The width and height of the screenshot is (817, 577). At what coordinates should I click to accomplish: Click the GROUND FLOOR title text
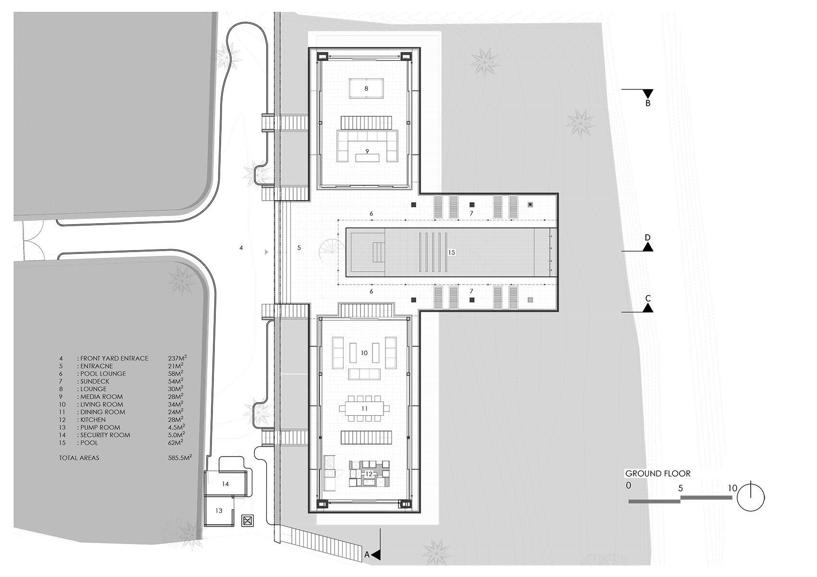coord(657,473)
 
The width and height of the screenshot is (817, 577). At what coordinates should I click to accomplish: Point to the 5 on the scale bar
coord(680,488)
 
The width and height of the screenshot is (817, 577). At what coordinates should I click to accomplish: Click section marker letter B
coord(648,103)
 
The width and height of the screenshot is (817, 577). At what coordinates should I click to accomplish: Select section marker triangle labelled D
coord(648,247)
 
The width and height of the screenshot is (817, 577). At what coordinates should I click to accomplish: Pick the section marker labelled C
coord(648,308)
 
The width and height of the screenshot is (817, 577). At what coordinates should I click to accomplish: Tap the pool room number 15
coord(452,252)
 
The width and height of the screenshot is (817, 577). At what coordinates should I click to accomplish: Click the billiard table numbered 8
coord(366,88)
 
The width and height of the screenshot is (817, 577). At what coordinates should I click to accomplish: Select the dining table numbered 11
coord(364,409)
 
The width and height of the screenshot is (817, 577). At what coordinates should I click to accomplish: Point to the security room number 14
coord(225,484)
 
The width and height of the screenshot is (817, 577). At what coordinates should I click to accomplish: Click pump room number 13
coord(219,511)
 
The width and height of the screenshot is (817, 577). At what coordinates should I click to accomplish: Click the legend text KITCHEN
coord(93,420)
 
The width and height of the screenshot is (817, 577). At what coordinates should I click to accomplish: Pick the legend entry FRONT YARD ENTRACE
coord(114,359)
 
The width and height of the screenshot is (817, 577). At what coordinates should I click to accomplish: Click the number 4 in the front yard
coord(241,248)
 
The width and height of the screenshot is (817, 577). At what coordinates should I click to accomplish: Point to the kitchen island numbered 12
coord(369,473)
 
